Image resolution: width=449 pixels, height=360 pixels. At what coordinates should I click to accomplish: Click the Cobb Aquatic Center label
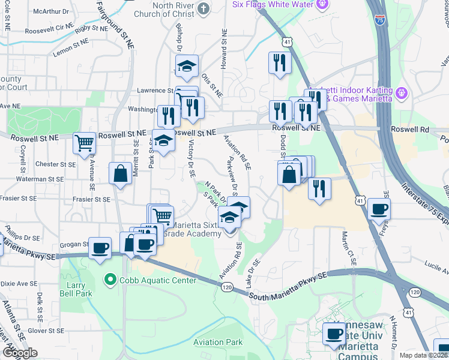tap(158, 280)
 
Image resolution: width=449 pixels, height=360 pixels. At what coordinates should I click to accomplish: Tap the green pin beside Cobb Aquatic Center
tap(110, 280)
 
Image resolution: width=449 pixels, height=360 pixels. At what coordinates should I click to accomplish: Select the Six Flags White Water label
tap(274, 4)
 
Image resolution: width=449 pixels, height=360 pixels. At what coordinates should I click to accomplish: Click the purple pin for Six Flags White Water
tap(322, 4)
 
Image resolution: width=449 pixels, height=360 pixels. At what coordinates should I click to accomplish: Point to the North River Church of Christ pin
tap(203, 8)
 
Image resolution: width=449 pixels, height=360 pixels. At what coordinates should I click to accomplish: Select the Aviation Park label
tap(218, 342)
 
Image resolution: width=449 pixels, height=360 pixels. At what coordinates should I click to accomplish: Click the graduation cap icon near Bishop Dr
tap(187, 66)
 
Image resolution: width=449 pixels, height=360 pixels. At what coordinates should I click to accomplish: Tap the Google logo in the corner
tap(20, 353)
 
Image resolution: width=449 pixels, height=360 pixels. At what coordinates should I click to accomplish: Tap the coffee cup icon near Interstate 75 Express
tap(378, 209)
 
